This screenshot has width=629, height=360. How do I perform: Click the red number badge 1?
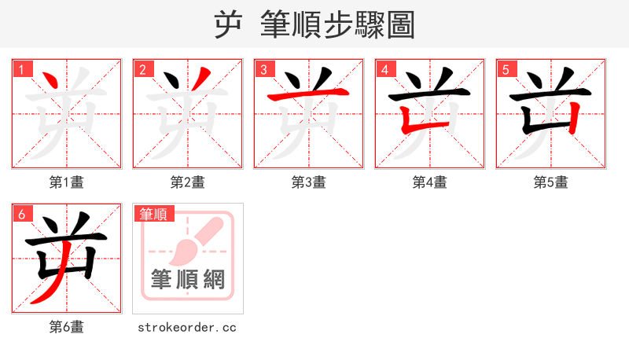point(21,69)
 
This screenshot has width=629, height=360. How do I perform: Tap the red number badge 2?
point(142,69)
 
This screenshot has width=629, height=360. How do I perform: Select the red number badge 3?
point(263,69)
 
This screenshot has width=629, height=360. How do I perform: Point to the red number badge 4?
point(384,69)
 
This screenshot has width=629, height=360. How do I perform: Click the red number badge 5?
point(506,69)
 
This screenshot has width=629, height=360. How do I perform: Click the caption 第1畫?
point(67,182)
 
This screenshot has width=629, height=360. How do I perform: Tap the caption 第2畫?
point(188,182)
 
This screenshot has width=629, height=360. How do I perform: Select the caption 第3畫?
point(309,182)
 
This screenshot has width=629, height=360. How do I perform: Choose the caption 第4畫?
point(430,182)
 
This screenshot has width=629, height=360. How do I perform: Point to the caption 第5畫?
point(551,182)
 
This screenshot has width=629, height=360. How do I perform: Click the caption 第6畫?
point(67,327)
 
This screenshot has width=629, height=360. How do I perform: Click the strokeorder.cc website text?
point(187,327)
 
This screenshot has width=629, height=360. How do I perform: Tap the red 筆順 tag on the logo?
point(154,214)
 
